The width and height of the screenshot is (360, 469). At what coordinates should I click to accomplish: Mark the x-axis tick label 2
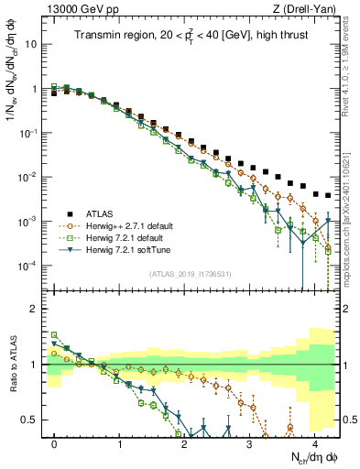[184, 442]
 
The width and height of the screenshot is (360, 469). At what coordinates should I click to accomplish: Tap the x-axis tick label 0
[55, 442]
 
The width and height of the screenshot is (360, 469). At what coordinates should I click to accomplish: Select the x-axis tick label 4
[314, 442]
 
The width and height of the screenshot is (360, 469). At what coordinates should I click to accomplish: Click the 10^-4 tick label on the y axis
[27, 266]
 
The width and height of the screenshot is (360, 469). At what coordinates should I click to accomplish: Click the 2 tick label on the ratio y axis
[33, 309]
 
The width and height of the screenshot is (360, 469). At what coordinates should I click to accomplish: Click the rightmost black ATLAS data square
[328, 195]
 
